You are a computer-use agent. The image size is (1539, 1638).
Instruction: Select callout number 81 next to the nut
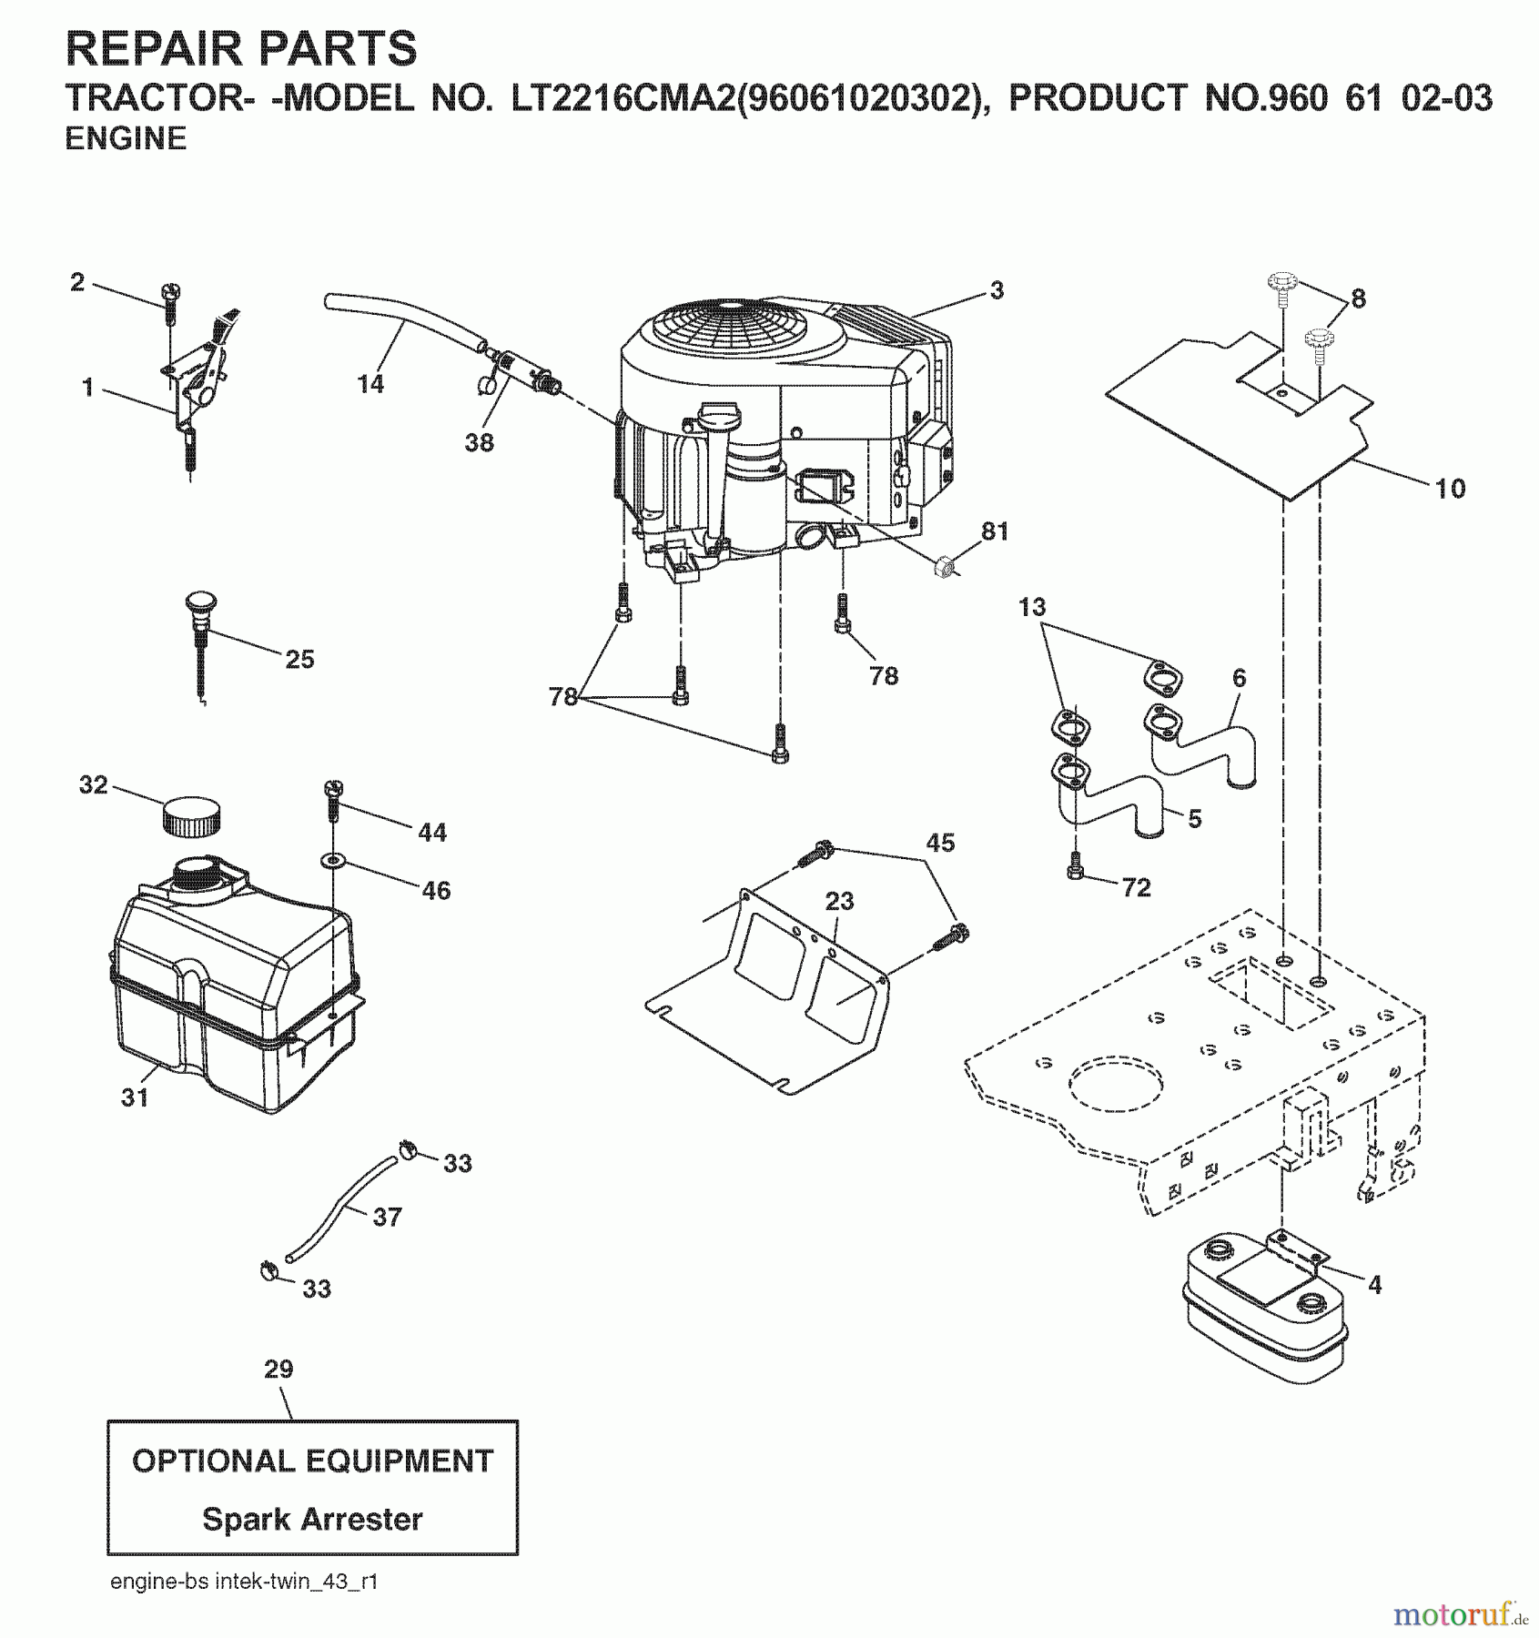click(995, 531)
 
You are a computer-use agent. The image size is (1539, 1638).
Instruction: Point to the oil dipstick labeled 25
click(198, 637)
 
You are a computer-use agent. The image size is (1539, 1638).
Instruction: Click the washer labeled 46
click(332, 860)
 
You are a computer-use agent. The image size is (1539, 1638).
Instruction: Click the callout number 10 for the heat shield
click(1450, 489)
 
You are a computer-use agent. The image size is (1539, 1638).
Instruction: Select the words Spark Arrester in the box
click(312, 1519)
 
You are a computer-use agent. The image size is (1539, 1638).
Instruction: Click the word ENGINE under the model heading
click(126, 138)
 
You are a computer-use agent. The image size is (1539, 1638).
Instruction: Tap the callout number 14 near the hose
click(370, 384)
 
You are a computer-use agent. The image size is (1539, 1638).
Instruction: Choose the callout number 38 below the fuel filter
click(479, 442)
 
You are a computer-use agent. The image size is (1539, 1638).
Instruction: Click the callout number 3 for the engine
click(997, 290)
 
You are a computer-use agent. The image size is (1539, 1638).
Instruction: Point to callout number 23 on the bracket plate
click(839, 901)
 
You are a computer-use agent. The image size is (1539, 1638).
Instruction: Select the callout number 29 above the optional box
click(279, 1370)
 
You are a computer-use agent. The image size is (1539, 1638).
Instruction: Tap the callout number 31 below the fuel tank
click(135, 1097)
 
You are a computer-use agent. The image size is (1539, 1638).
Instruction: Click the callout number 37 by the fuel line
click(387, 1217)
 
